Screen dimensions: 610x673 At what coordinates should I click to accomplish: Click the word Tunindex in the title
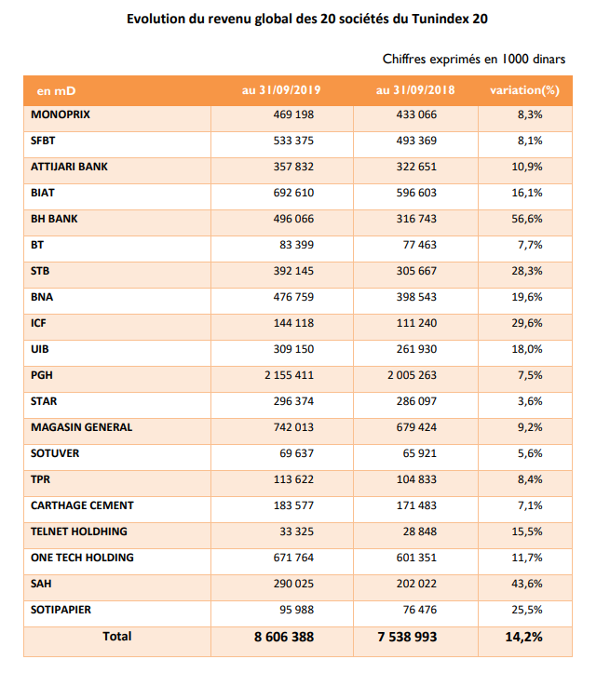(440, 19)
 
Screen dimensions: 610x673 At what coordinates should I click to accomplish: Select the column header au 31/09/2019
(281, 90)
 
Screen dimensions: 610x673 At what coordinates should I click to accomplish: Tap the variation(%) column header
(524, 90)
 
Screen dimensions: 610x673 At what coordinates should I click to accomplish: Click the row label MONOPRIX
(61, 114)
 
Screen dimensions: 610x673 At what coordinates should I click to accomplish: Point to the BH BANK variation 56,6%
(527, 219)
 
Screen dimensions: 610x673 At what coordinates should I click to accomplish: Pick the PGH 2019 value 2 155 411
(289, 375)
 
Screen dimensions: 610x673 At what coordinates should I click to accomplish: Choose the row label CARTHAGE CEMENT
(82, 505)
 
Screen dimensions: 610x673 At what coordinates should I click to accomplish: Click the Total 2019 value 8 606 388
(284, 637)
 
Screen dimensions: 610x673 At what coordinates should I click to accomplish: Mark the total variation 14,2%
(523, 637)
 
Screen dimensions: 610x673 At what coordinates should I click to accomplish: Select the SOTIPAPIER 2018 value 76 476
(419, 610)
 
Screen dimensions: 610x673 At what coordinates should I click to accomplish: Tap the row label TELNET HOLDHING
(79, 532)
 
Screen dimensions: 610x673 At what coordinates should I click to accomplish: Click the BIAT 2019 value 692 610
(293, 193)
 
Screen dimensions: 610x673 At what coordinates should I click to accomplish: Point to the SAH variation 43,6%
(527, 584)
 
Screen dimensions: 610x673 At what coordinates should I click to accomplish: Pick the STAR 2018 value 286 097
(416, 401)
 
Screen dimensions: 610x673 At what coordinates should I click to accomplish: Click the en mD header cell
(56, 91)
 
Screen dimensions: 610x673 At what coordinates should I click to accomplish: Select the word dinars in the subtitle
(549, 60)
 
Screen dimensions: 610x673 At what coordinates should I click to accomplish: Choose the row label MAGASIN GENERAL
(82, 427)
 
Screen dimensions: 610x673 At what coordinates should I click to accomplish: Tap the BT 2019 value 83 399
(297, 245)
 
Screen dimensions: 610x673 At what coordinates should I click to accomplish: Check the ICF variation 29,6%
(527, 323)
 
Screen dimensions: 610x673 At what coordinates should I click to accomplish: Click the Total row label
(116, 637)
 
